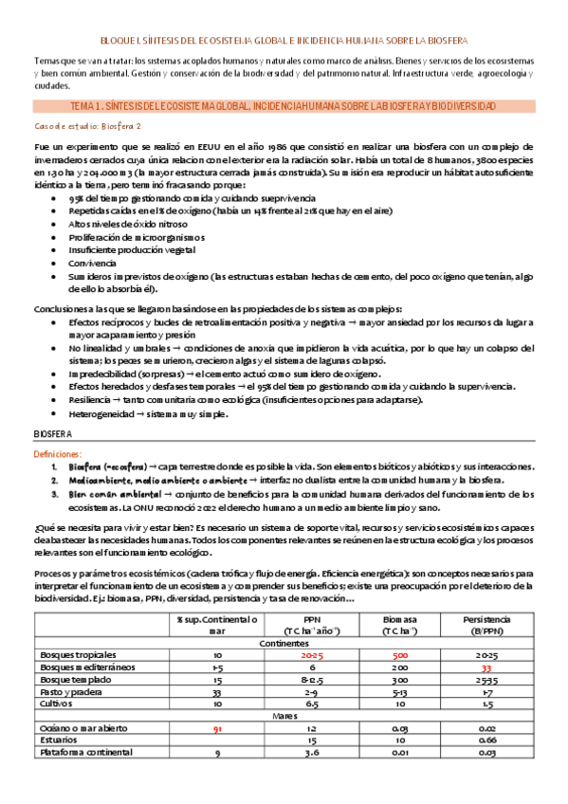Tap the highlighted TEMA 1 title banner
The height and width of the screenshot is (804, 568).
click(284, 105)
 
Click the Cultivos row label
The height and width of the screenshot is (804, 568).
click(55, 703)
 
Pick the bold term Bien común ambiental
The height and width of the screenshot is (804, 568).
click(106, 494)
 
